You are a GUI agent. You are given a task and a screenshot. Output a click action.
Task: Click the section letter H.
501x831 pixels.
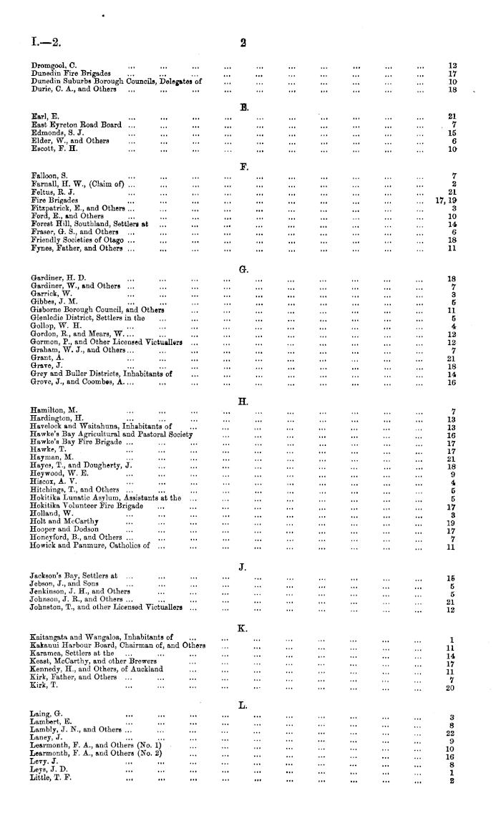(243, 399)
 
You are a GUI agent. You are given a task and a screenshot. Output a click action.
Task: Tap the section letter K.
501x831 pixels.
(243, 628)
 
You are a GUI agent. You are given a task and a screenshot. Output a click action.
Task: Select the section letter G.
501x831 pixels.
(243, 269)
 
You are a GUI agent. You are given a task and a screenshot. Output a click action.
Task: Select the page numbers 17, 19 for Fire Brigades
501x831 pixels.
(446, 200)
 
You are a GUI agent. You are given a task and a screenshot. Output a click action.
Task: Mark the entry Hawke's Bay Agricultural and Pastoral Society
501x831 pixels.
(112, 434)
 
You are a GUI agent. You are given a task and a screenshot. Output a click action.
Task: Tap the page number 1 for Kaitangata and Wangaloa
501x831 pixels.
(452, 639)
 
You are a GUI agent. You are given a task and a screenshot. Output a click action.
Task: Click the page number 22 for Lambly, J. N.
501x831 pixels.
(451, 733)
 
